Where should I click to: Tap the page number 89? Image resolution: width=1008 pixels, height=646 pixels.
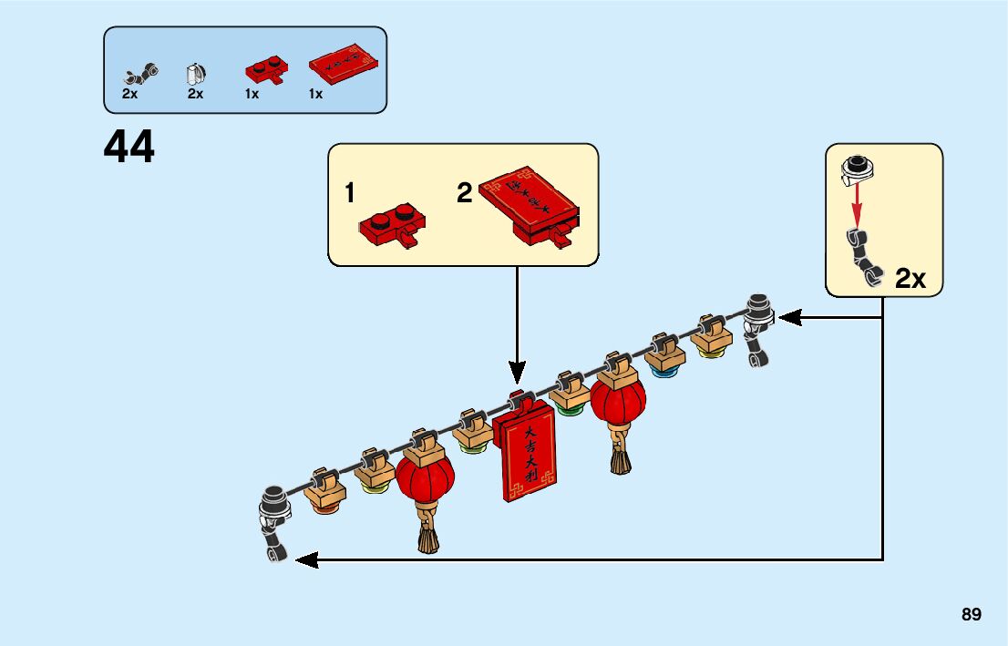coord(971,615)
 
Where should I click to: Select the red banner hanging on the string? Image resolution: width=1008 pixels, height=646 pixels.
coord(528,453)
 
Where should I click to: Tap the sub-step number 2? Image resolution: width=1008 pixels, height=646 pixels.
coord(465,193)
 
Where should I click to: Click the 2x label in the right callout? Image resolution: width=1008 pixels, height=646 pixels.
coord(910,279)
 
